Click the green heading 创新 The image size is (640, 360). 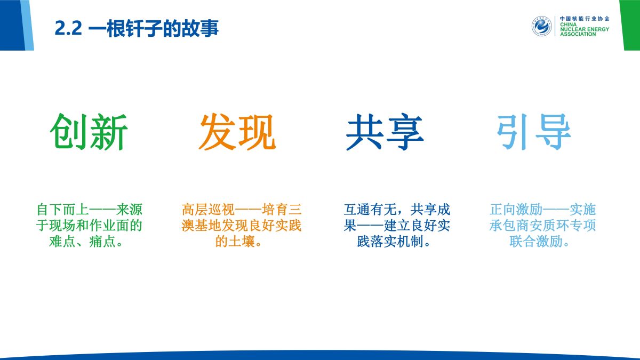[x=89, y=132]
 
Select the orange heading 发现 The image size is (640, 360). [x=237, y=132]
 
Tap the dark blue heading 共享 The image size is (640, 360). [x=385, y=132]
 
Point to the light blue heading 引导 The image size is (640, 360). [x=534, y=132]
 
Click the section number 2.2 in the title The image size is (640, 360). [x=68, y=28]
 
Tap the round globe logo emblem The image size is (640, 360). [x=542, y=26]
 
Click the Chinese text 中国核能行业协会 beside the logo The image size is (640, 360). [x=585, y=19]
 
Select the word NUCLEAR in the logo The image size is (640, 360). [x=573, y=29]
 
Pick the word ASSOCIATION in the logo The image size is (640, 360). [x=578, y=34]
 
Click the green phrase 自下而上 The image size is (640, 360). [x=62, y=210]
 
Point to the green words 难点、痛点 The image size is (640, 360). [x=82, y=242]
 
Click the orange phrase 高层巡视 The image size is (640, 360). [x=209, y=210]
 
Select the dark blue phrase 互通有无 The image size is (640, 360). [x=370, y=210]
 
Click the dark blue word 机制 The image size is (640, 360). [x=410, y=242]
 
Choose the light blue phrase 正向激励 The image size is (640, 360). [x=516, y=210]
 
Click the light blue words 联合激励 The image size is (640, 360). [x=536, y=242]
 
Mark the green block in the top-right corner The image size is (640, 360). [x=630, y=25]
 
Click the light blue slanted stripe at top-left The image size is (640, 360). [x=27, y=25]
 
